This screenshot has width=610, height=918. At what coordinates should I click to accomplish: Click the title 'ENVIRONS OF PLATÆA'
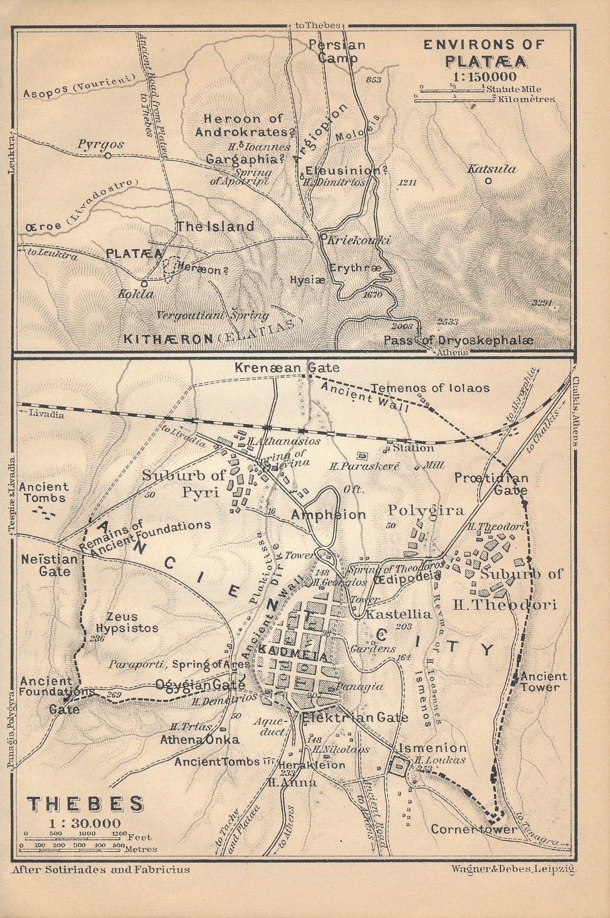click(483, 53)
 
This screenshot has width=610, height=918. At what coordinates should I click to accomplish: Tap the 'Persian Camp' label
click(337, 51)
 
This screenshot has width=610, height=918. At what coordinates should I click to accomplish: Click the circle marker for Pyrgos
click(108, 156)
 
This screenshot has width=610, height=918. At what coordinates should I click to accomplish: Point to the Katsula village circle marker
click(488, 181)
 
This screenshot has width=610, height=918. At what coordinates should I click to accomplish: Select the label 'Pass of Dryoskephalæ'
click(458, 341)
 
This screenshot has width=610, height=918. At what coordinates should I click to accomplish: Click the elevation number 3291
click(543, 303)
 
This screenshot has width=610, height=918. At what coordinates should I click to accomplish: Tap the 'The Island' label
click(215, 227)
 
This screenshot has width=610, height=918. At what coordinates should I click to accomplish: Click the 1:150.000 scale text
click(484, 77)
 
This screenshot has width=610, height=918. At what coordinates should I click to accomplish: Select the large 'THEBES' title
click(85, 804)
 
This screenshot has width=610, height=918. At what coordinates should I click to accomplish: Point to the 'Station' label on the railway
click(413, 448)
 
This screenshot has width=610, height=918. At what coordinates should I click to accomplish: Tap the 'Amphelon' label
click(328, 514)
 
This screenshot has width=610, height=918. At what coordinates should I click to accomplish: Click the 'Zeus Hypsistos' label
click(127, 622)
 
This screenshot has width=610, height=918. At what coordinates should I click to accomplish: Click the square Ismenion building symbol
click(399, 767)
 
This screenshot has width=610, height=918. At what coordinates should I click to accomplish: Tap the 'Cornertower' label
click(474, 829)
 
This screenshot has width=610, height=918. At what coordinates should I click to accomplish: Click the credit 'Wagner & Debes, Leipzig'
click(513, 869)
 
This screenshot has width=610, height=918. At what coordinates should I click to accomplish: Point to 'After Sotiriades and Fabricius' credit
click(100, 870)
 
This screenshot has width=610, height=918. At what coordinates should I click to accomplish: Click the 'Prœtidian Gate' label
click(491, 483)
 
